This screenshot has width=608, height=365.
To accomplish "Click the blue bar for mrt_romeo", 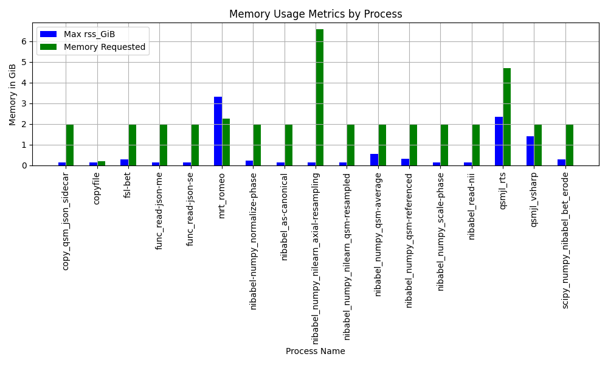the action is point(218,131).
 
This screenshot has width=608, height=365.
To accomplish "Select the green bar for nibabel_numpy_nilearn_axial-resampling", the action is point(320,97).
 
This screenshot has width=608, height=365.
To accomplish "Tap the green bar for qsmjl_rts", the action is point(507,117).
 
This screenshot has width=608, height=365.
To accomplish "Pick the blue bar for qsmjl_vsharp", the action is point(530,151).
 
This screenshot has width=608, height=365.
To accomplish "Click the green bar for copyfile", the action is point(101,163).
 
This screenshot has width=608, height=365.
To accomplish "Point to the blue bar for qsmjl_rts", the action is point(499,141).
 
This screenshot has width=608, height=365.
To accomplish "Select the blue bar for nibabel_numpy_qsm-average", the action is point(374,160).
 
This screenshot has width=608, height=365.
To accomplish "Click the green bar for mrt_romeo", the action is point(226,142).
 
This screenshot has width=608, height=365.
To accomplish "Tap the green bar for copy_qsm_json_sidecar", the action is point(70,145).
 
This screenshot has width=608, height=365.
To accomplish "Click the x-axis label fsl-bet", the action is point(127,186).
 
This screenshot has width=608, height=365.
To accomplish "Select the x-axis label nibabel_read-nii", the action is point(472,206).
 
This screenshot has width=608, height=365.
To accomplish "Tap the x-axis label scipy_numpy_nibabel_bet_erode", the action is point(565,240).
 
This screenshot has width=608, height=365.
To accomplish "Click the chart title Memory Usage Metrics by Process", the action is point(316,14).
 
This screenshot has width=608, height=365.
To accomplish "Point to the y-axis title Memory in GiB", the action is point(12,95).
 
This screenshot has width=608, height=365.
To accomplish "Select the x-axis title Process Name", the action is point(315,351).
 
